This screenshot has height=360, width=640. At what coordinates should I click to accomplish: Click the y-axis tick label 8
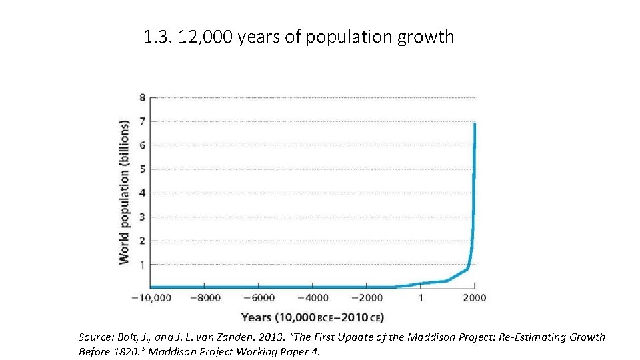[142, 97]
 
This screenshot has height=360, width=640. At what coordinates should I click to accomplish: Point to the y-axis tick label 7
[142, 121]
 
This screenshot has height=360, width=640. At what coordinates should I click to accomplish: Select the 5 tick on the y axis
[142, 169]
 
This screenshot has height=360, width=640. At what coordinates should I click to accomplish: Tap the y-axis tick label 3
[142, 217]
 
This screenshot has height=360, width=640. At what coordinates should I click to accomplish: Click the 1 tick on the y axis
[142, 265]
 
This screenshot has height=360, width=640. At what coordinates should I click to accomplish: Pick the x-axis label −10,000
[151, 298]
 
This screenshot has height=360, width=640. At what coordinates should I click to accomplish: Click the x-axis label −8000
[205, 298]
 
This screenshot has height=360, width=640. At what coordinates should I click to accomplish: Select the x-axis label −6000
[259, 298]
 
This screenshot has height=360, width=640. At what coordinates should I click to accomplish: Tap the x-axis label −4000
[313, 298]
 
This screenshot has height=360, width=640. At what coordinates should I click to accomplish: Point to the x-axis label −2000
[367, 298]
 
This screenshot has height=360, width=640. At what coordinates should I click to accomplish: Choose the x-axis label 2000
[475, 298]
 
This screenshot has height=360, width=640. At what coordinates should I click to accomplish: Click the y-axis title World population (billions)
[124, 192]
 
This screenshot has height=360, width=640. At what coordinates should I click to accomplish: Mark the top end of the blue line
[475, 124]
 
